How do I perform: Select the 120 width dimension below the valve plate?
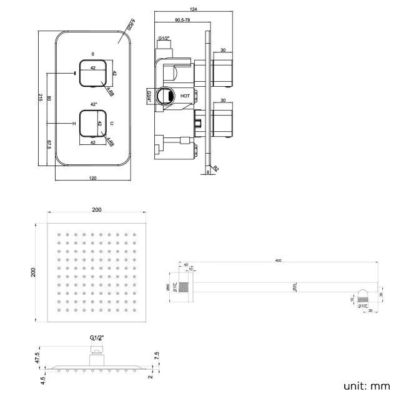tap(92, 178)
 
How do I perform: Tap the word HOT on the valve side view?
tap(186, 96)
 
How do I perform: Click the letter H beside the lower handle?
tap(74, 124)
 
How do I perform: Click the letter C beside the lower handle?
tap(112, 124)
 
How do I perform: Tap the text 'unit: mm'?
tap(367, 385)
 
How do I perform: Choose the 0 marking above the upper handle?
tap(93, 54)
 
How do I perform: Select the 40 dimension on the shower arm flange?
tap(186, 265)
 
